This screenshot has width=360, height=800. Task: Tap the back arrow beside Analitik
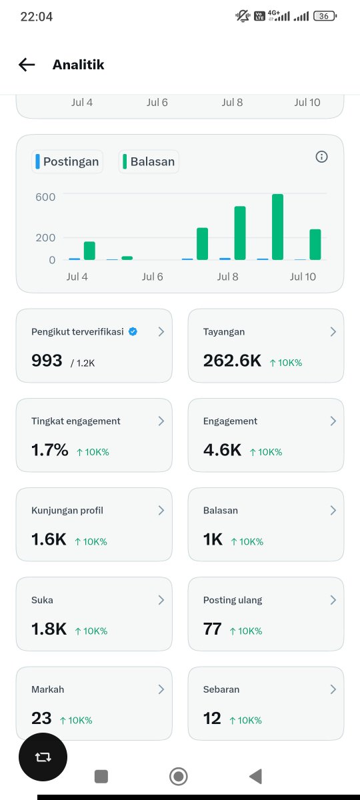(27, 65)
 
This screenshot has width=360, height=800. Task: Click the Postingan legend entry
(67, 161)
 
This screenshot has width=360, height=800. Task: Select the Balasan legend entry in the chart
(149, 161)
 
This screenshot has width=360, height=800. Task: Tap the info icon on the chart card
(321, 157)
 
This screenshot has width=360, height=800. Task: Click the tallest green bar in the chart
(277, 227)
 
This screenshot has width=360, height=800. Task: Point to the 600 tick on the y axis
(45, 197)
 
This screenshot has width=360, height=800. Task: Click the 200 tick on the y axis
(45, 238)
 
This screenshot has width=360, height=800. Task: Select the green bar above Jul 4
(89, 251)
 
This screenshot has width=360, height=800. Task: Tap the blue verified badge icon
(133, 331)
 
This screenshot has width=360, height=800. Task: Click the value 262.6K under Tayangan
(232, 361)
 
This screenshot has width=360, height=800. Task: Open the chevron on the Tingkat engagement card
(161, 421)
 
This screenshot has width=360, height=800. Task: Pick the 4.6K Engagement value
(222, 450)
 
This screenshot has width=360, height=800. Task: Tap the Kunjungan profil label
(67, 511)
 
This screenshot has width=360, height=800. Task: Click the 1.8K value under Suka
(49, 629)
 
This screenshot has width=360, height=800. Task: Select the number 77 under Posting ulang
(213, 629)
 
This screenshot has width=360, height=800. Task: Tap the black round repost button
(43, 757)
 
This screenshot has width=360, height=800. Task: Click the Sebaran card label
(221, 689)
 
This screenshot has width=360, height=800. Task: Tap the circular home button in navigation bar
(178, 777)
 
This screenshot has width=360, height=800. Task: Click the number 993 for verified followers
(47, 361)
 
